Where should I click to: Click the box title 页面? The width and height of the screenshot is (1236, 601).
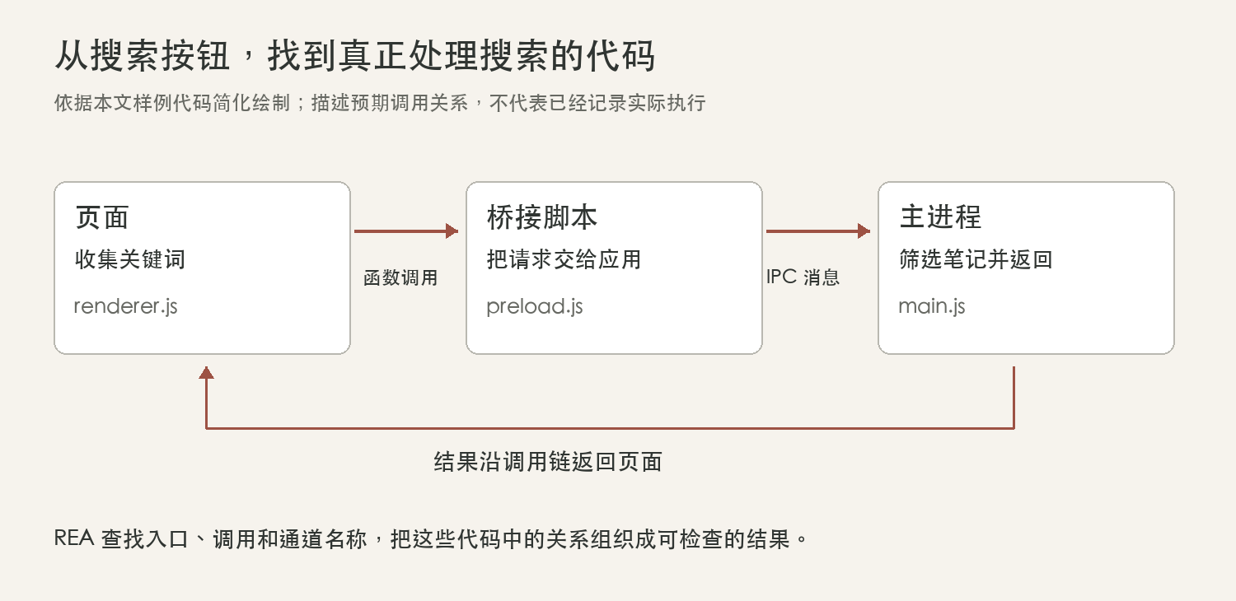[x=102, y=217]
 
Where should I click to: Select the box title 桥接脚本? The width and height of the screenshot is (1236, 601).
[x=542, y=217]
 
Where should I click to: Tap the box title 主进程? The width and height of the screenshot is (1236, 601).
[x=940, y=217]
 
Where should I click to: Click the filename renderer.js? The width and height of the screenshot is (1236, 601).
[x=126, y=306]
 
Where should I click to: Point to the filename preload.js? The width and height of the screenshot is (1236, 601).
[x=535, y=306]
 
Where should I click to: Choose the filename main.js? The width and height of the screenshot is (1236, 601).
[x=932, y=306]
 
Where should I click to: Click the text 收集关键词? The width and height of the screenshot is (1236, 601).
[x=130, y=259]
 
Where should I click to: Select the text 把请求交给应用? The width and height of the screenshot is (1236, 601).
[x=564, y=259]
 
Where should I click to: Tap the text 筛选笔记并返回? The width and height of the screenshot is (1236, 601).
[x=976, y=259]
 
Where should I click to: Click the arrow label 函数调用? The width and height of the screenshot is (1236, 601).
[x=400, y=278]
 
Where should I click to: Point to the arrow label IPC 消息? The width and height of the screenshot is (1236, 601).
[x=803, y=277]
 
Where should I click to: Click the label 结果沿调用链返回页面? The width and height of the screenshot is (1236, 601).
[x=548, y=462]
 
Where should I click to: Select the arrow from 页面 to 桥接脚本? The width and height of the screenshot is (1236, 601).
[x=406, y=231]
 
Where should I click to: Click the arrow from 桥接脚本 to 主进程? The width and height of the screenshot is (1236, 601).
[x=818, y=231]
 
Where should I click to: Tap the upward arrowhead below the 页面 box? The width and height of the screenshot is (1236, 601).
[x=206, y=373]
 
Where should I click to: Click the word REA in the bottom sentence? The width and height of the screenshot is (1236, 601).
[x=74, y=538]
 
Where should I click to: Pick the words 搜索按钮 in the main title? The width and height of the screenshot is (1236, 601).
[x=160, y=56]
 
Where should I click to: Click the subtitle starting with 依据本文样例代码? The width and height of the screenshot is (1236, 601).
[x=380, y=103]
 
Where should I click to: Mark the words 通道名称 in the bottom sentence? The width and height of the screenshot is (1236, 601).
[x=323, y=539]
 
